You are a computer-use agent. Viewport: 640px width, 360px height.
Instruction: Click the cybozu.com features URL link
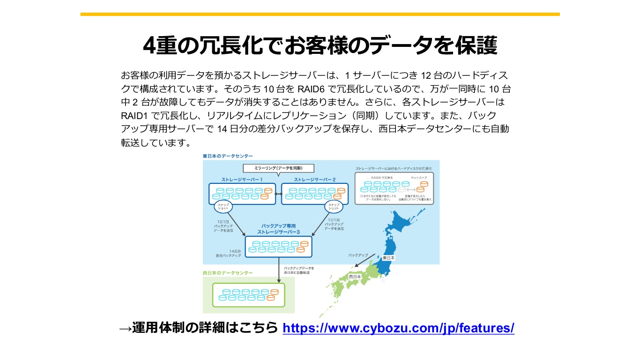pyautogui.click(x=399, y=328)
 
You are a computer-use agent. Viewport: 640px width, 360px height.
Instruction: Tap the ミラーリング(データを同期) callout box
pyautogui.click(x=278, y=168)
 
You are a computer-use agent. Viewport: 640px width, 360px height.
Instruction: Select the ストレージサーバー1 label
pyautogui.click(x=242, y=180)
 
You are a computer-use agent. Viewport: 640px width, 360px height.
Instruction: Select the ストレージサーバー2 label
pyautogui.click(x=315, y=180)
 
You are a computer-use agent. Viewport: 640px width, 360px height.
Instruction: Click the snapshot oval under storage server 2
pyautogui.click(x=334, y=207)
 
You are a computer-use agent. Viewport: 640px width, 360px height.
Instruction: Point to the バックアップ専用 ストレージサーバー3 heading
pyautogui.click(x=278, y=229)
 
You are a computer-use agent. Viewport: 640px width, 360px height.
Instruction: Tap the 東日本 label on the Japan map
pyautogui.click(x=388, y=258)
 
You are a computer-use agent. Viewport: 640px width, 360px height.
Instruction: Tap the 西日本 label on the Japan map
pyautogui.click(x=355, y=277)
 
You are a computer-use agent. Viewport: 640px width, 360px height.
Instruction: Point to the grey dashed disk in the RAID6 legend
pyautogui.click(x=402, y=189)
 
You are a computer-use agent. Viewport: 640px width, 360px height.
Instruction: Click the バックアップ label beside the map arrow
pyautogui.click(x=358, y=255)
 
